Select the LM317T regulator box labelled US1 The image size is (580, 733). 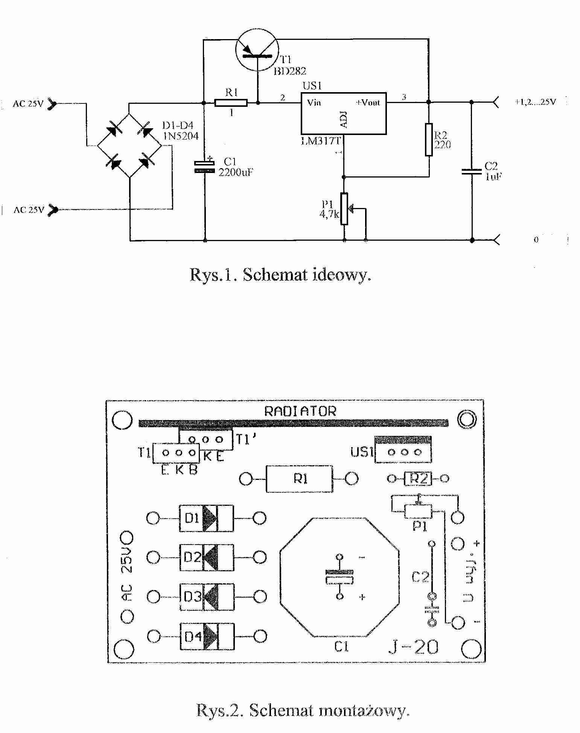[x=343, y=113]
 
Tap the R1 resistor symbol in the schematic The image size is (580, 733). [x=231, y=103]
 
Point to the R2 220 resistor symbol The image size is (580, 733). [x=429, y=139]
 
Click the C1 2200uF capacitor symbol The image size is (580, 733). [x=204, y=167]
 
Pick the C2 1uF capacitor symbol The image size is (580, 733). [x=472, y=171]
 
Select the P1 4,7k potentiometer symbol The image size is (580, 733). [x=344, y=209]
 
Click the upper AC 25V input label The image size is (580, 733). [x=28, y=104]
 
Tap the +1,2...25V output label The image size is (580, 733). [x=535, y=102]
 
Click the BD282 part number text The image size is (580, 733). [x=289, y=71]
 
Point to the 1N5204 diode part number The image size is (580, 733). [x=181, y=136]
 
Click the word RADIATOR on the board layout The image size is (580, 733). [x=300, y=411]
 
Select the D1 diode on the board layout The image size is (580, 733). [x=206, y=518]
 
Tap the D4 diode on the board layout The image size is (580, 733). [x=206, y=636]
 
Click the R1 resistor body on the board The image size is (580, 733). [x=299, y=479]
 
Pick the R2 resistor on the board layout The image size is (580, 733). [x=418, y=478]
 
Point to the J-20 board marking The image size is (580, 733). [x=413, y=647]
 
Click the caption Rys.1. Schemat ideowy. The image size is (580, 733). [x=280, y=275]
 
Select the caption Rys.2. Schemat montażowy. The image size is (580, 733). [x=302, y=710]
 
